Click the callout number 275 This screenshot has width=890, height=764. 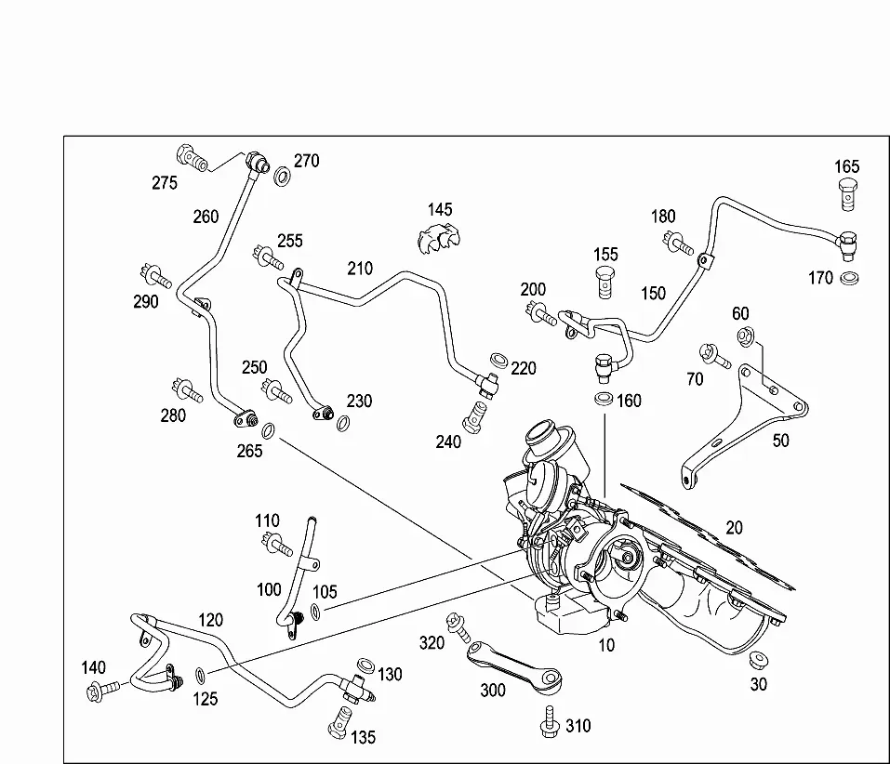pos(164,183)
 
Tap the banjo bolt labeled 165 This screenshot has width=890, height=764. pos(847,194)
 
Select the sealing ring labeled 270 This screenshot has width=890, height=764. pos(282,176)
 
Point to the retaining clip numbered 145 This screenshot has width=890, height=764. pos(439,238)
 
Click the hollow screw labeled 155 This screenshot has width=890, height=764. pos(605,282)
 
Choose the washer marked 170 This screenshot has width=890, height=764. pos(849,279)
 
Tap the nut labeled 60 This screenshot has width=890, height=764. pos(745,336)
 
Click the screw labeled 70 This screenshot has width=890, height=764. pos(714,356)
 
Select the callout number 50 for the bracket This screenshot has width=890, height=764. pos(780,441)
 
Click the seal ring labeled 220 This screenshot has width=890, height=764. pos(498,361)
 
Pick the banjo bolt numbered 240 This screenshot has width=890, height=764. pos(475,417)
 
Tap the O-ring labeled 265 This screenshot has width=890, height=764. pos(269,430)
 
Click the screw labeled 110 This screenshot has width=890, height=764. pos(276,544)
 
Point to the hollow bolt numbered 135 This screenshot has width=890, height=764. pos(339,722)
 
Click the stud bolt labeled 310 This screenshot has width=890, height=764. pos(550,721)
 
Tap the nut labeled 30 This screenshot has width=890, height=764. pos(758,660)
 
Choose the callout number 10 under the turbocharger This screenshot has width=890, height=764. pos(606,645)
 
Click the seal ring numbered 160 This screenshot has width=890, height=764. pos(604,399)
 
